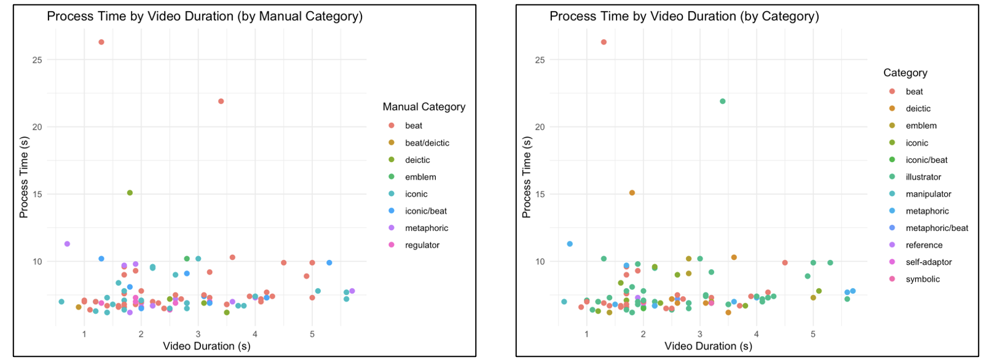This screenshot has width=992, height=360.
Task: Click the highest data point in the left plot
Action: click(x=101, y=42)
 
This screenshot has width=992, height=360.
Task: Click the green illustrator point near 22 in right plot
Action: click(x=723, y=101)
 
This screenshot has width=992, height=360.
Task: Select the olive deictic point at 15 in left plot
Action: click(x=130, y=193)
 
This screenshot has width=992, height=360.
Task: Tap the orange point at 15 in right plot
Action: click(x=632, y=193)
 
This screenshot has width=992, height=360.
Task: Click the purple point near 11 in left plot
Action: click(x=67, y=244)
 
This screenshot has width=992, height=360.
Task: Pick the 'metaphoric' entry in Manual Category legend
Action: click(x=427, y=228)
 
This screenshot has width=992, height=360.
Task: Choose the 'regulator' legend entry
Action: click(x=422, y=245)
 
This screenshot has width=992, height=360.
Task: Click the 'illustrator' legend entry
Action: click(x=923, y=177)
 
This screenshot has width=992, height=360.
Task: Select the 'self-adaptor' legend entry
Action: click(x=928, y=262)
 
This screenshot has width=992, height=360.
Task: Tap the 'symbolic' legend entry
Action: click(x=923, y=279)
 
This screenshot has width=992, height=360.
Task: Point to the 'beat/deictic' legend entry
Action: click(x=427, y=143)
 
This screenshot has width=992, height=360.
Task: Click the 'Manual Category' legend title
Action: click(x=424, y=107)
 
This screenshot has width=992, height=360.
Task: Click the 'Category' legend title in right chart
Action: click(x=905, y=72)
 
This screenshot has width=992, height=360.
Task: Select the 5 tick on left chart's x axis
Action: click(x=312, y=334)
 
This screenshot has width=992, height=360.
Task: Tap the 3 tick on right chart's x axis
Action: click(x=700, y=334)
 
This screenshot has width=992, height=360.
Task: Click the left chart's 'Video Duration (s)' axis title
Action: click(x=207, y=346)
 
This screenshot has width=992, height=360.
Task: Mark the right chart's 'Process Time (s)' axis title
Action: click(x=526, y=177)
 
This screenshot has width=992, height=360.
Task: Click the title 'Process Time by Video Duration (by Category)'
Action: click(x=684, y=17)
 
